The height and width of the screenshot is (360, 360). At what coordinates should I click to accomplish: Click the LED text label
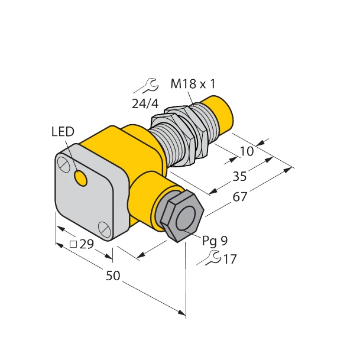(62, 132)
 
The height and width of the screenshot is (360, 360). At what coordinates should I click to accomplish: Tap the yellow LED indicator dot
(81, 177)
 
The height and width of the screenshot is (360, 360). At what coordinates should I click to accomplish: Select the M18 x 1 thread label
(193, 84)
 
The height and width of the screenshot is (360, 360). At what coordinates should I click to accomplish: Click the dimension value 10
(247, 151)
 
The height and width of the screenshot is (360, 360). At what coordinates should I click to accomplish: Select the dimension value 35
(239, 177)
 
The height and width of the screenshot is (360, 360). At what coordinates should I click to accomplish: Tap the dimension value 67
(239, 197)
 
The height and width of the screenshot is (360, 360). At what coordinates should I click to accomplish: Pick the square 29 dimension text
(82, 244)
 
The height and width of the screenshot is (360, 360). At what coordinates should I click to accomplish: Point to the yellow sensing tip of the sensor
(219, 113)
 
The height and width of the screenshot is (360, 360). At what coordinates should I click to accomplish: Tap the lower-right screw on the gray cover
(104, 226)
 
